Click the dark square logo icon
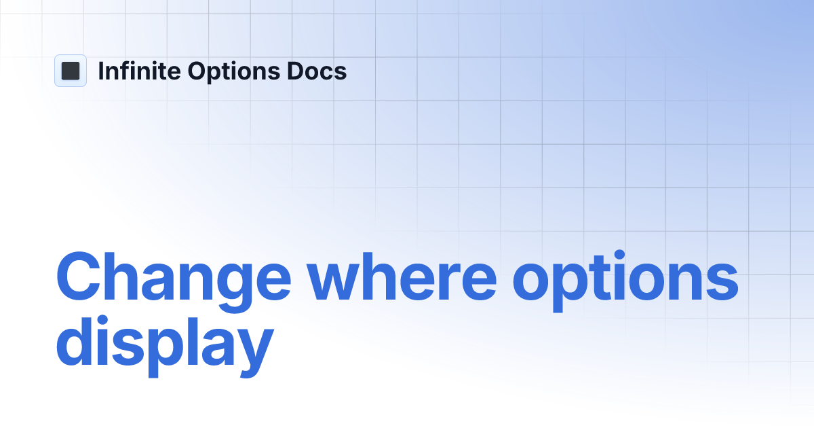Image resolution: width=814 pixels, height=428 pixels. pos(71,71)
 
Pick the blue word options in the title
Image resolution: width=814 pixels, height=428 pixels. pos(625,279)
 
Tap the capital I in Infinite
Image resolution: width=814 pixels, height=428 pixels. pos(101,71)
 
